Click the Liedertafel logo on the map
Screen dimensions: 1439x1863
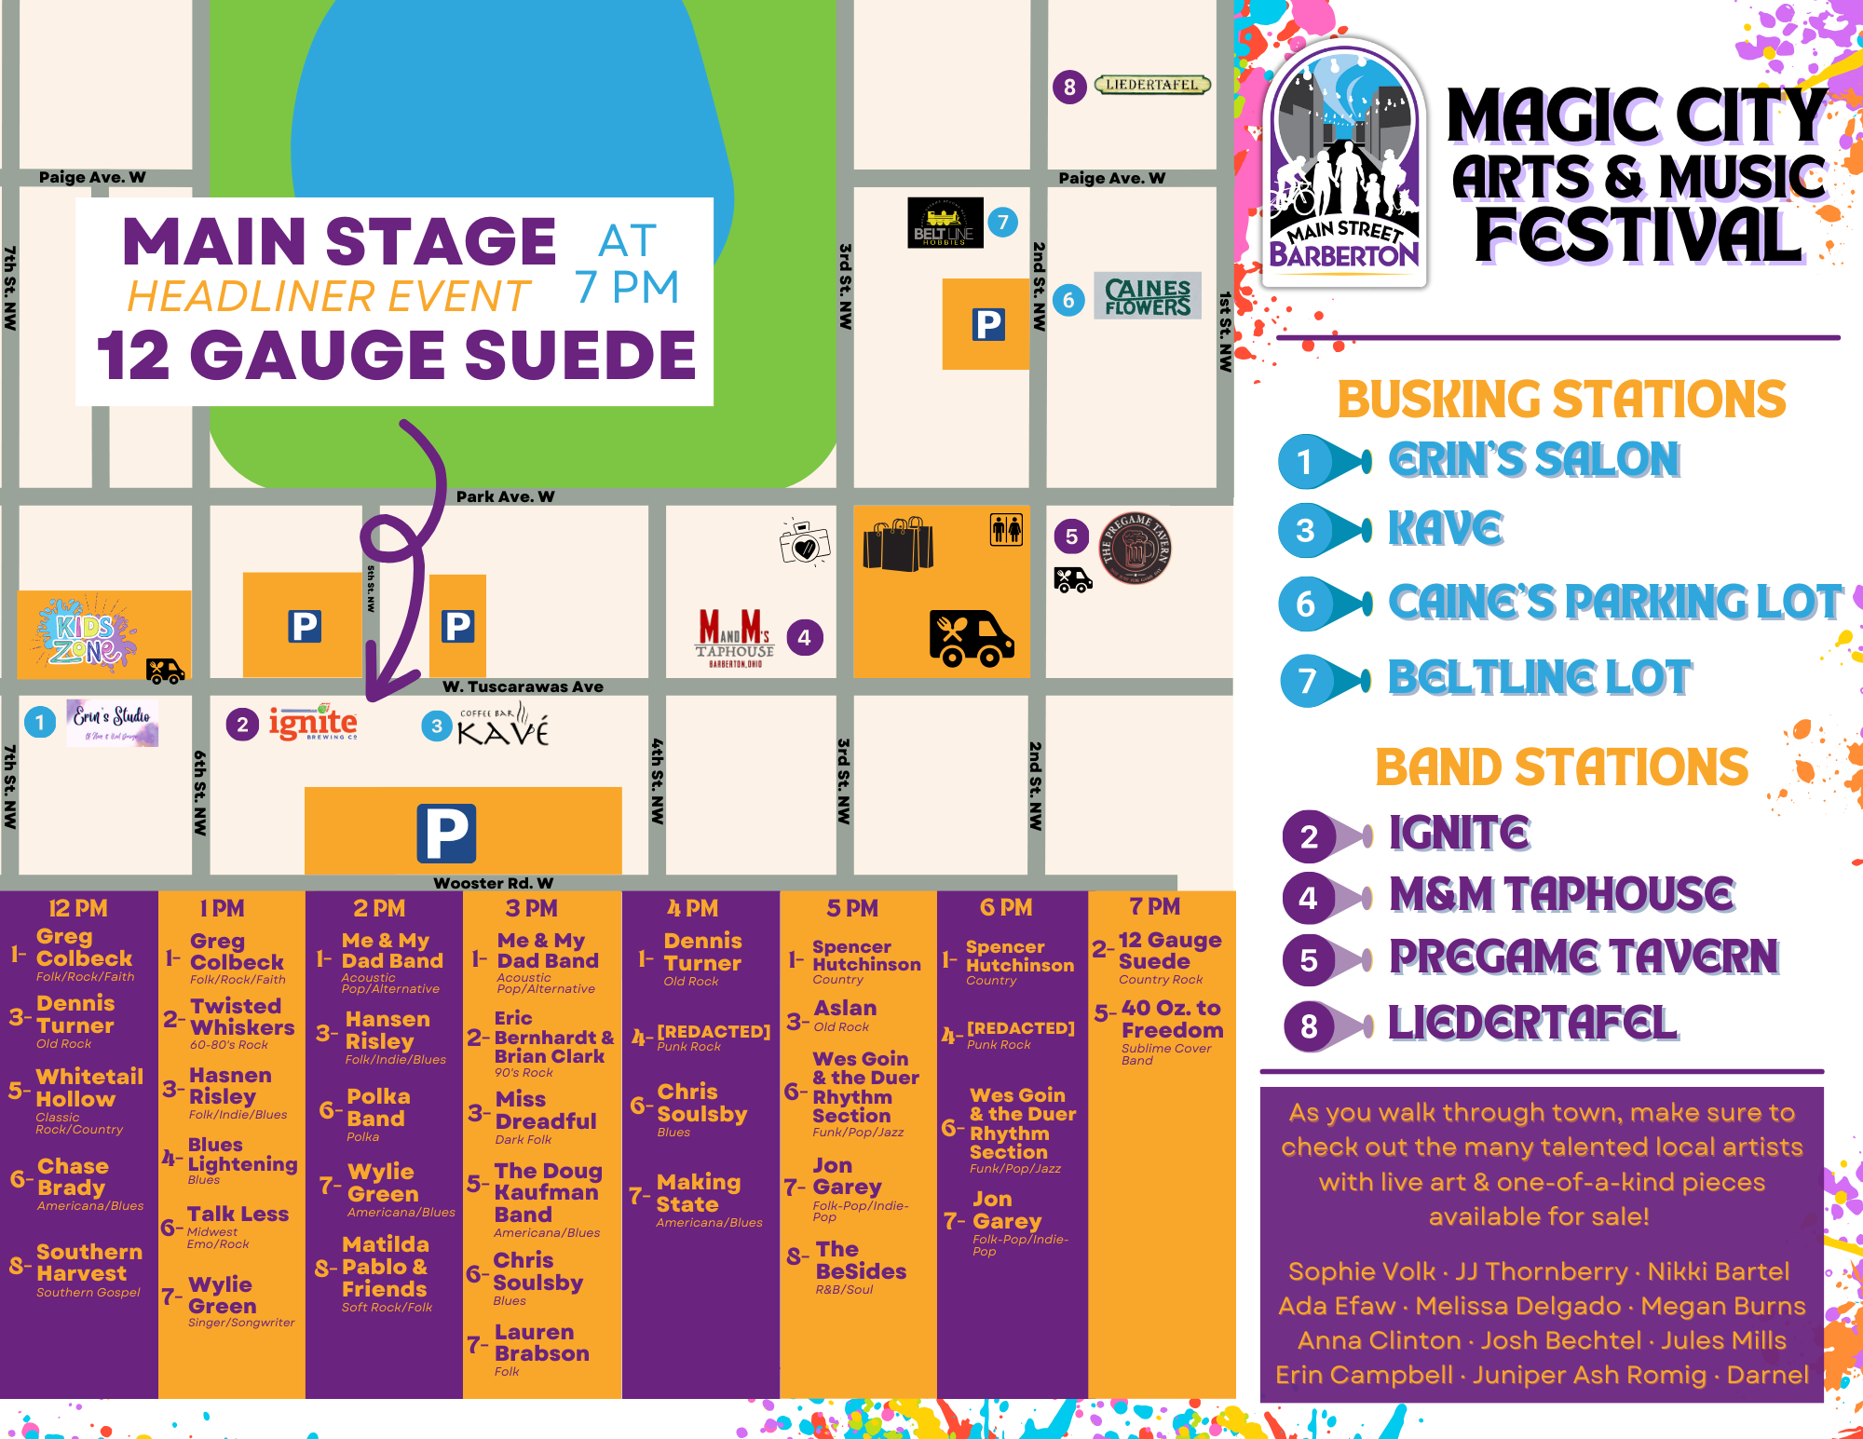point(1152,85)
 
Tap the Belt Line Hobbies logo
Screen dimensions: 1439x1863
point(945,224)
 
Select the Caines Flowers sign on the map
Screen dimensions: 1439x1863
point(1148,296)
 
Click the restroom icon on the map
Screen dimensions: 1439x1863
point(1006,529)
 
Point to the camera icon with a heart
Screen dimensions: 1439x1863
point(805,542)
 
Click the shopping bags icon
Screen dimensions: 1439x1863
point(898,544)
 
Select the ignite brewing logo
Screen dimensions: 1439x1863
point(313,724)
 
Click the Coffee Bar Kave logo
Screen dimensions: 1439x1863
point(503,726)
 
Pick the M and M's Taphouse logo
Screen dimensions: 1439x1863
point(735,637)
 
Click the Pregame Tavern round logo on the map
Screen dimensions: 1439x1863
point(1135,549)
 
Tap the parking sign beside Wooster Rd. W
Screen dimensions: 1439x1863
point(446,833)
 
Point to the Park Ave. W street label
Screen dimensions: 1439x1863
point(505,496)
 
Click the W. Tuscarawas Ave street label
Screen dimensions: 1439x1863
point(523,686)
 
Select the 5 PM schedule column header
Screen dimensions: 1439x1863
point(852,907)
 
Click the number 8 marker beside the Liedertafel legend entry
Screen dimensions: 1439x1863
point(1309,1025)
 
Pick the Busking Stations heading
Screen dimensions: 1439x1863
point(1561,400)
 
